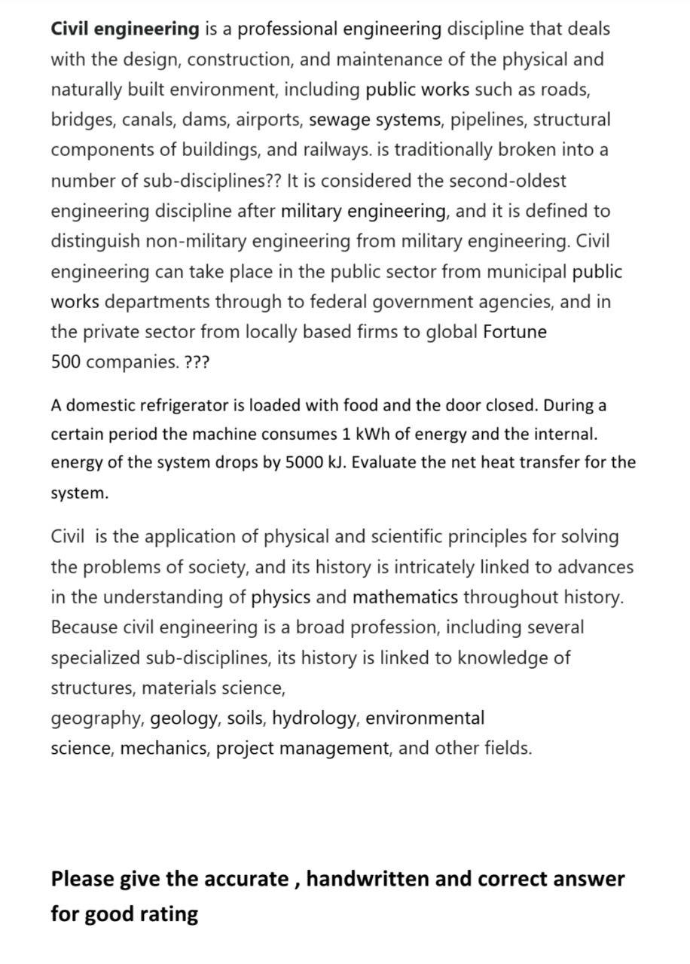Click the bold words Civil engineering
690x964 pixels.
coord(124,29)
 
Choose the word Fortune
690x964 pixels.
coord(515,332)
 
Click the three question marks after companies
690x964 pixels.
coord(197,362)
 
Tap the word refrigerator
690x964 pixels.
coord(179,406)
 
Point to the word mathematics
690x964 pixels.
coord(405,598)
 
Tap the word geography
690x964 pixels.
coord(96,719)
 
